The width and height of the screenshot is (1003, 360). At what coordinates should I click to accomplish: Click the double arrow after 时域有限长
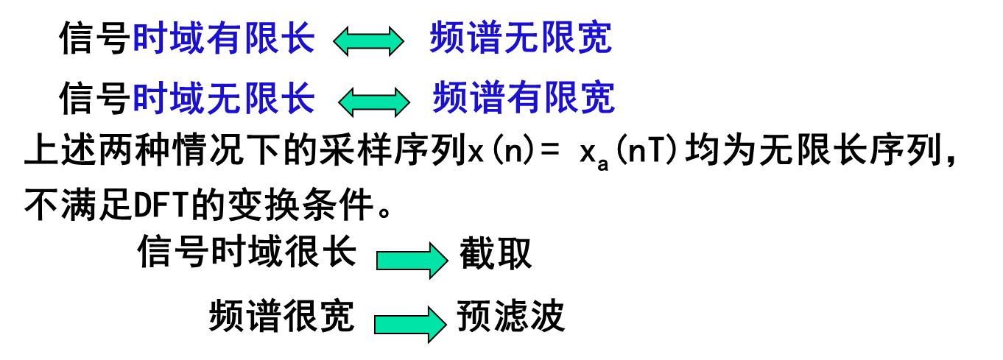point(368,41)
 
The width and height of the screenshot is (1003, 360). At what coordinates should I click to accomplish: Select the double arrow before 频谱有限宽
point(373,102)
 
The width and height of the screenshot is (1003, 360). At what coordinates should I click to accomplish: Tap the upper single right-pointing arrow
point(412,261)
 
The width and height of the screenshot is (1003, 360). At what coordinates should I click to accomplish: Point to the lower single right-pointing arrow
point(409,325)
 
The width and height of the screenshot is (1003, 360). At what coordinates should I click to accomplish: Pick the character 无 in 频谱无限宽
point(521,38)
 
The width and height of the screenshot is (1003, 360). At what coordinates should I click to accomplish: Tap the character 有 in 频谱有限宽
point(524,98)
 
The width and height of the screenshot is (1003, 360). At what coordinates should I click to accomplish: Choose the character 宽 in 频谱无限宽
point(595,38)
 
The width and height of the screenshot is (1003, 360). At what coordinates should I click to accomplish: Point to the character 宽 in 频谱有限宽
point(598,98)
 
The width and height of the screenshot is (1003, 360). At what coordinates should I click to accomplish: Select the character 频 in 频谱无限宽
point(447,38)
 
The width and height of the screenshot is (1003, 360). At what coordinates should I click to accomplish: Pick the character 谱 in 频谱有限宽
point(488,98)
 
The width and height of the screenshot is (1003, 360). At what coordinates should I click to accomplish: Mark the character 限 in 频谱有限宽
point(561,98)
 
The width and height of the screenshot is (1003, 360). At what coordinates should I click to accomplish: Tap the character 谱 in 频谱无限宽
point(485,38)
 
